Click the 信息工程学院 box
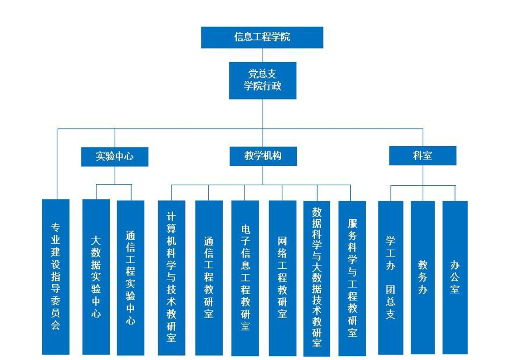click(262, 37)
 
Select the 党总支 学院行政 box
click(262, 80)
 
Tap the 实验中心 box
click(114, 157)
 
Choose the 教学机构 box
click(263, 156)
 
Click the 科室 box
click(422, 156)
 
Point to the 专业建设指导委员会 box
click(56, 276)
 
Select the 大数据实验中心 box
click(96, 276)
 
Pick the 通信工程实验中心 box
click(131, 277)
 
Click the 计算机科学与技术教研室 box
click(171, 277)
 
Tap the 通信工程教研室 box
click(209, 277)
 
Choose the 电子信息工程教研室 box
click(245, 277)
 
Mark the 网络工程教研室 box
click(282, 277)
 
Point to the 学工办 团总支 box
click(391, 277)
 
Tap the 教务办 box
click(423, 277)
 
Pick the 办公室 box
click(455, 277)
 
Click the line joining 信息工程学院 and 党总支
click(262, 55)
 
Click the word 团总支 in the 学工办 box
click(391, 302)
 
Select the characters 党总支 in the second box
click(262, 74)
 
